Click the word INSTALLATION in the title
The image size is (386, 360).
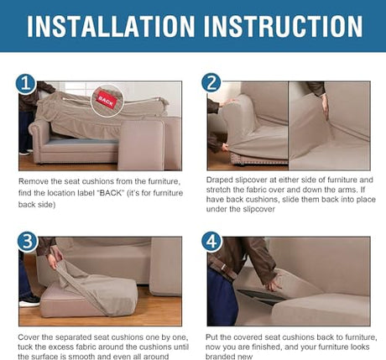111,26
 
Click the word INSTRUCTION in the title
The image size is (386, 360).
283,26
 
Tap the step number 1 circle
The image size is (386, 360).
25,84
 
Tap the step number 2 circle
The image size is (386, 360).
211,83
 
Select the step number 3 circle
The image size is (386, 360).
28,242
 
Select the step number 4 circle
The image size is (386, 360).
211,242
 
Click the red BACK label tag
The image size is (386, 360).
106,101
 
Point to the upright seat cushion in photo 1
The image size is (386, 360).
141,145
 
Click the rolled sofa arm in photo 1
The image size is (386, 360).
39,136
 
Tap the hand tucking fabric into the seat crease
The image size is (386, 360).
325,107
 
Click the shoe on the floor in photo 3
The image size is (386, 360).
29,300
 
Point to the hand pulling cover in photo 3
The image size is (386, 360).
54,258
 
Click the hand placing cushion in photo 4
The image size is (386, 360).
274,284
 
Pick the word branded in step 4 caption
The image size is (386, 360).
224,357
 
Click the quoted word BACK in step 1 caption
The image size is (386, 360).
112,193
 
